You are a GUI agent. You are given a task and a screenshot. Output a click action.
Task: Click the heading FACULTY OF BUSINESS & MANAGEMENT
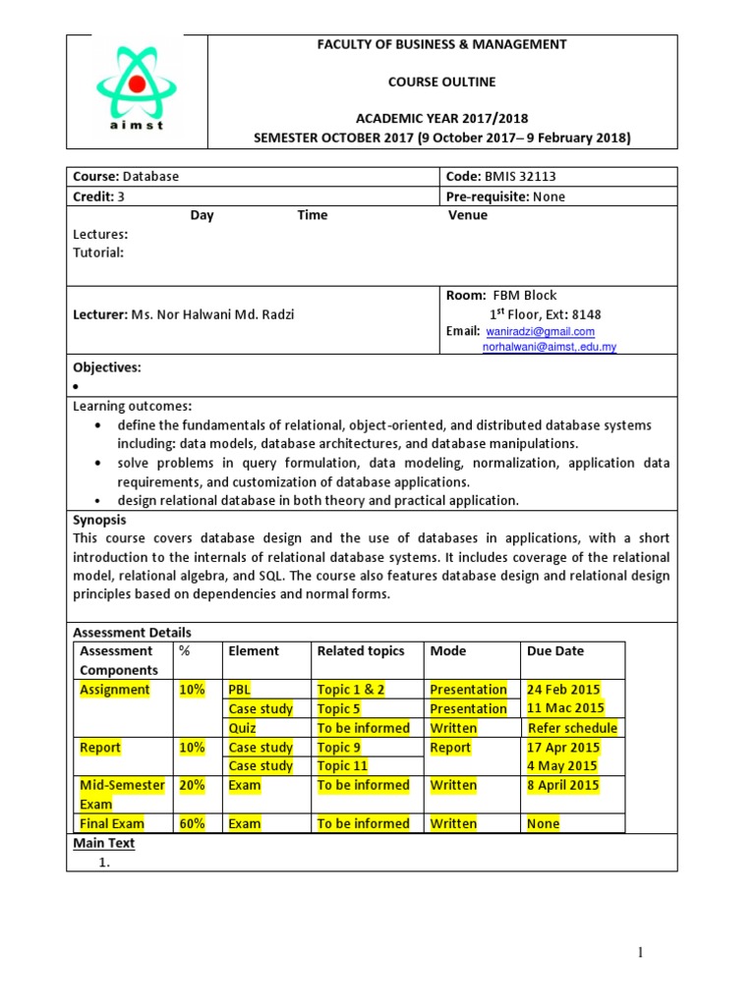(x=442, y=44)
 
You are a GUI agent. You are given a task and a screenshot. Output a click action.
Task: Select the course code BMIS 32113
(x=520, y=177)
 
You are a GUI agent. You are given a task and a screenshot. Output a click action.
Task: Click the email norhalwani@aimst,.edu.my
(x=549, y=347)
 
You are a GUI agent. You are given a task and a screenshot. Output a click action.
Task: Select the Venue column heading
(x=467, y=215)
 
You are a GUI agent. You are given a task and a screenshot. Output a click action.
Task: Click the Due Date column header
(x=555, y=650)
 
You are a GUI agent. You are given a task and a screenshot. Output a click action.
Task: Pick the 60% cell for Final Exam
(x=192, y=823)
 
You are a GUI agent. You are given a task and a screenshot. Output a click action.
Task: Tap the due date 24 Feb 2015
(x=563, y=690)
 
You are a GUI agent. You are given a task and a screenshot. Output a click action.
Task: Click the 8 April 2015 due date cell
(x=563, y=785)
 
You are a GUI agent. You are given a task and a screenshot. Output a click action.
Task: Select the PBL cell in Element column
(x=239, y=690)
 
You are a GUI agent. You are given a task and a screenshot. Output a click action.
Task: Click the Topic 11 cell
(x=342, y=766)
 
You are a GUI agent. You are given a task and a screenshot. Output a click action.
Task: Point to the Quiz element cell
(x=242, y=728)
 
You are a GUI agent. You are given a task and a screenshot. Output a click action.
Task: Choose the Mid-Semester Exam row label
(x=122, y=794)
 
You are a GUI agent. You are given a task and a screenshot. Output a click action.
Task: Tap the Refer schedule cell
(x=572, y=728)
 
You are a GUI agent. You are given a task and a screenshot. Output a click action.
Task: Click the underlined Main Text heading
(x=104, y=843)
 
